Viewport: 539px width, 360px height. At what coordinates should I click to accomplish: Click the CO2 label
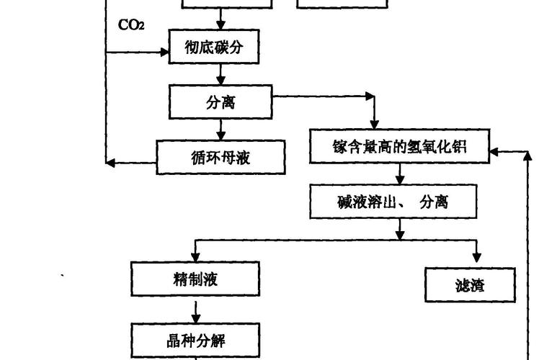[132, 25]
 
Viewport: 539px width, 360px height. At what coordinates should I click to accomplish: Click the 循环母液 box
[221, 157]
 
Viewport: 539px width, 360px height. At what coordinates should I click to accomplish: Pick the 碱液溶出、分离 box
[393, 202]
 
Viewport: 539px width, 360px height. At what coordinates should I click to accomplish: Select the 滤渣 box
[471, 285]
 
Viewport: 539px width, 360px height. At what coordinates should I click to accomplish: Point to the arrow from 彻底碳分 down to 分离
[220, 74]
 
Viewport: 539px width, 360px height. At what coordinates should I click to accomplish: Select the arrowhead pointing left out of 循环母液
[110, 163]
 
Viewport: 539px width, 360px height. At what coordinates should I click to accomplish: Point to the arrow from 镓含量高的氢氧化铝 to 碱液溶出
[401, 174]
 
